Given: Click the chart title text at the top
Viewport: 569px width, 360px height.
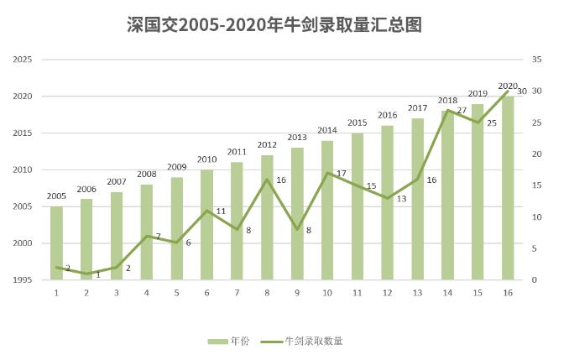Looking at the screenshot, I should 284,25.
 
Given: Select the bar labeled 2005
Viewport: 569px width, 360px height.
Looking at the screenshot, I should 56,243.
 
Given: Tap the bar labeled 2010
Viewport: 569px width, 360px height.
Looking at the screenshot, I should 206,225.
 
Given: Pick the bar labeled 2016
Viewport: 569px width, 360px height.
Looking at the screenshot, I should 387,203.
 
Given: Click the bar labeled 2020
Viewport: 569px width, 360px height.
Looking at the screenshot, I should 508,188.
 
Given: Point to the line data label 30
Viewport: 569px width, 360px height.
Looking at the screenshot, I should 523,91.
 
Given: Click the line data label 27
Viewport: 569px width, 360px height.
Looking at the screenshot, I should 462,111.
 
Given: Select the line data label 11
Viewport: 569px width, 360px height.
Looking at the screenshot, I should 222,211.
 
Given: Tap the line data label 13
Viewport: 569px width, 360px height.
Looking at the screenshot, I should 401,199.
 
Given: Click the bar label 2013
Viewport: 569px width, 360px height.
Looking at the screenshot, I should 297,138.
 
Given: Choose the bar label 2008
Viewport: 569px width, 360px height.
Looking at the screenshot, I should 147,175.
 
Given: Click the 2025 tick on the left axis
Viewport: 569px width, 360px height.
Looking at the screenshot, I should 23,60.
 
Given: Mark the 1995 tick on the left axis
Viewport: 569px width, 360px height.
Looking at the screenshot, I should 23,279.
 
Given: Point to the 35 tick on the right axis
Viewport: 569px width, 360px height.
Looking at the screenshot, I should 537,60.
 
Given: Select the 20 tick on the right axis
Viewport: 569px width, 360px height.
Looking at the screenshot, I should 537,154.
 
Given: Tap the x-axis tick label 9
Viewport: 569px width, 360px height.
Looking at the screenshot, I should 297,293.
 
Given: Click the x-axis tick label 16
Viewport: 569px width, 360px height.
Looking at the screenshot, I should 508,293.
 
